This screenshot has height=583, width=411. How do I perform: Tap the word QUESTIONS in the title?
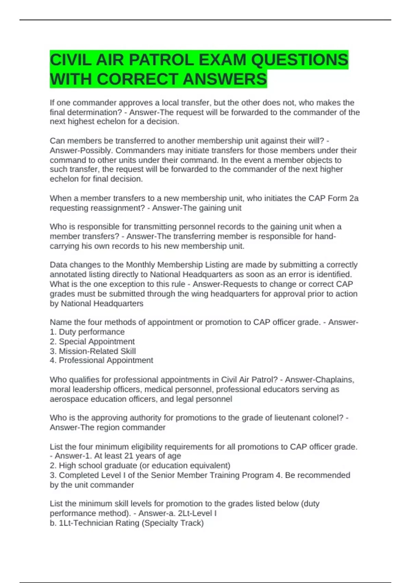point(300,60)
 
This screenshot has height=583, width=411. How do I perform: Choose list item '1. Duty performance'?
point(87,332)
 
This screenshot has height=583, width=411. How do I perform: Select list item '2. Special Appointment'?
point(92,342)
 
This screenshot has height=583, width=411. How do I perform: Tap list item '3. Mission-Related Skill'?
point(93,351)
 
